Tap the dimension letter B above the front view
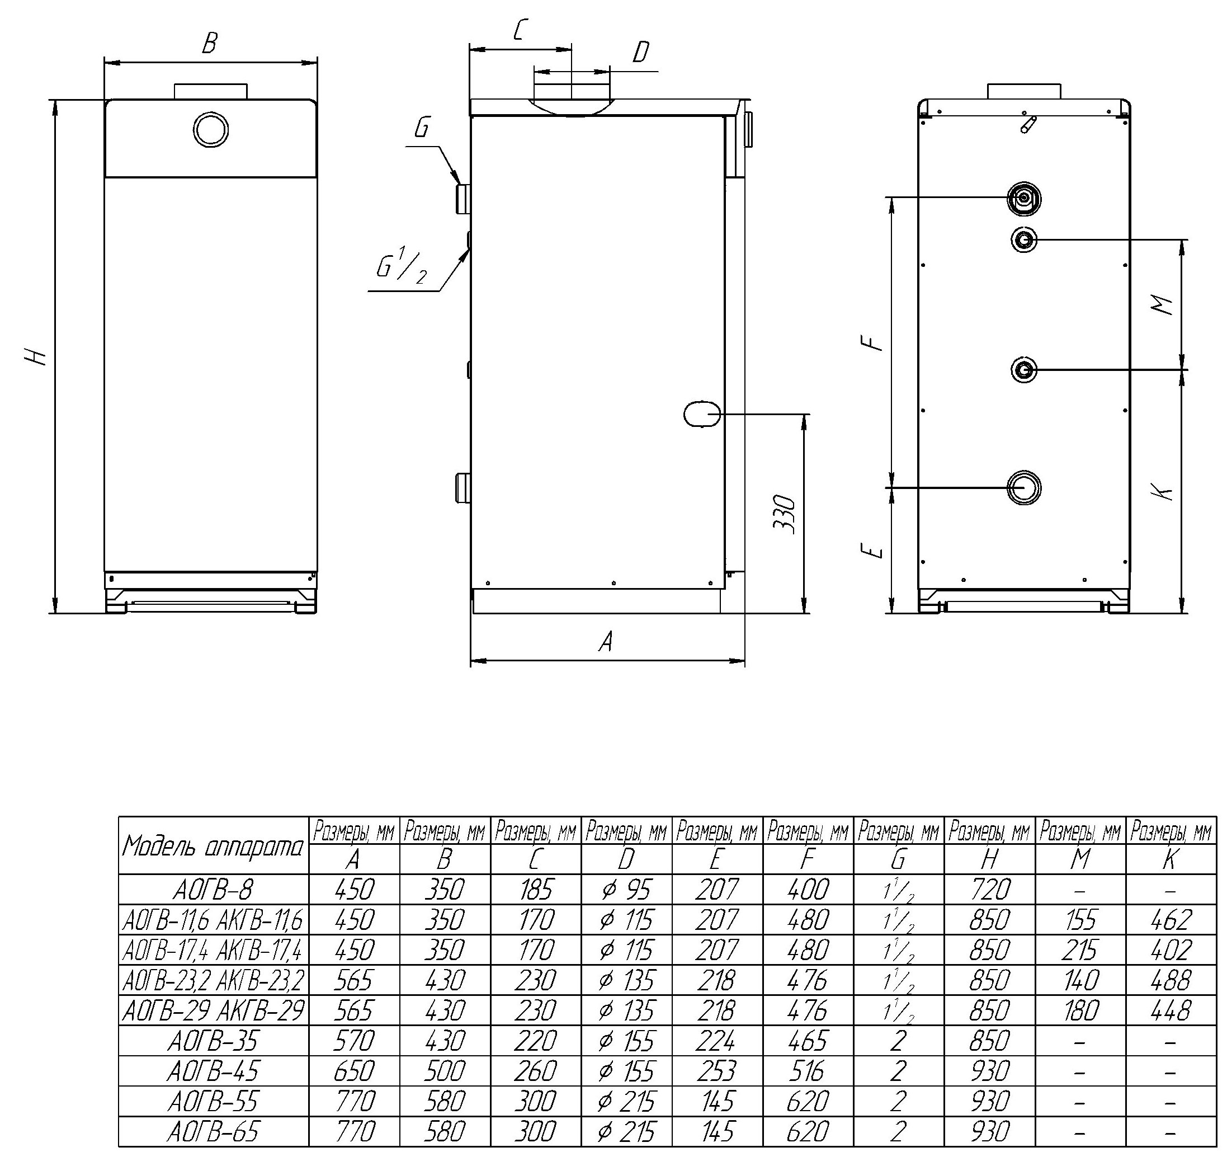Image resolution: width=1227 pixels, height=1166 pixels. [x=210, y=44]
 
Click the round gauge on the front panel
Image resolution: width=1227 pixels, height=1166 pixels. [x=211, y=130]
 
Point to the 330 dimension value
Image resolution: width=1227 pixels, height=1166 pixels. [x=784, y=514]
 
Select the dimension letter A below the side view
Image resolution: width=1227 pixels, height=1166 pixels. [x=606, y=641]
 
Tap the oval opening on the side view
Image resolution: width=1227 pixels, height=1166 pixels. [x=701, y=413]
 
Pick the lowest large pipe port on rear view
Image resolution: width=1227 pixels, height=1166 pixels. [x=1023, y=487]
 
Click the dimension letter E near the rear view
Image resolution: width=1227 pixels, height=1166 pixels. [x=871, y=550]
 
